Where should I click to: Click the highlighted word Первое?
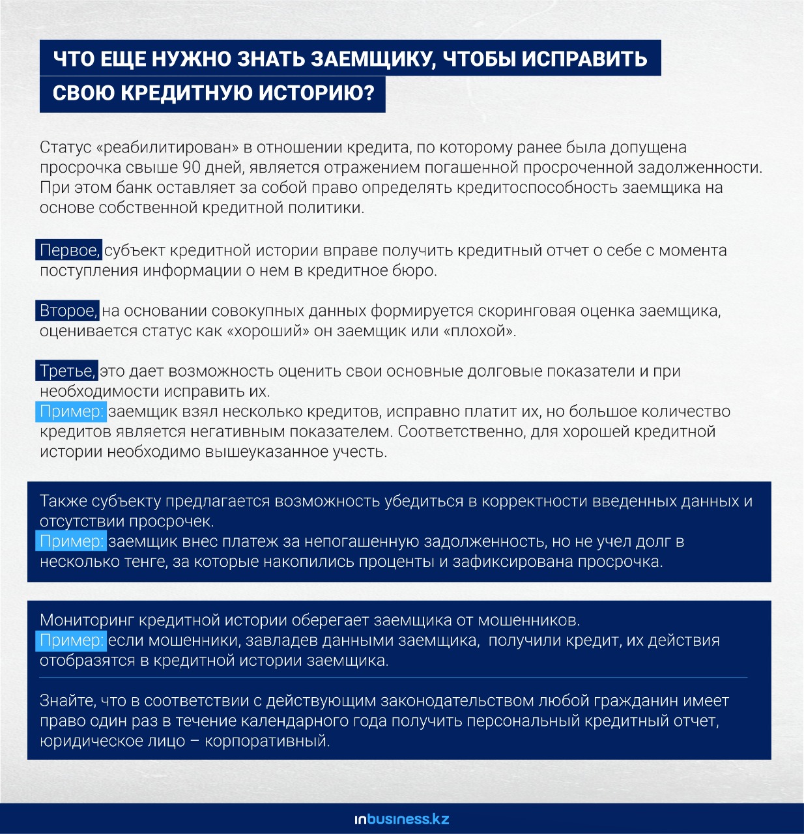point(68,250)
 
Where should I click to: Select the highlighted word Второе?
point(67,311)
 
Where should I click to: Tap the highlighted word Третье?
point(66,371)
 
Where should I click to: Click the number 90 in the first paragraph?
point(192,167)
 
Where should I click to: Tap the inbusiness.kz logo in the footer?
point(402,819)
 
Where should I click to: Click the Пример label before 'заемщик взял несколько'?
point(71,412)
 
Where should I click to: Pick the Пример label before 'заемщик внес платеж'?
point(71,541)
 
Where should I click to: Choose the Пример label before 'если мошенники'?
point(71,640)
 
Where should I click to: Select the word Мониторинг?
point(87,620)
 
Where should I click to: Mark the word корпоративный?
point(266,741)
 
